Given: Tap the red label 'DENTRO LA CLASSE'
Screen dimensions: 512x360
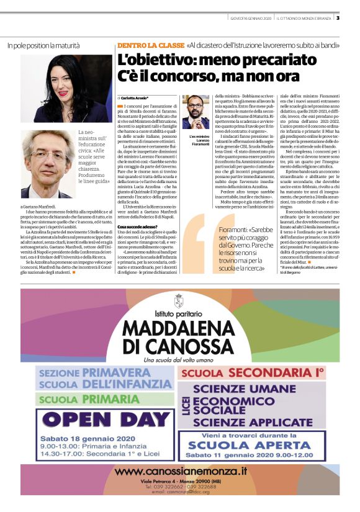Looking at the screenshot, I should (150, 45).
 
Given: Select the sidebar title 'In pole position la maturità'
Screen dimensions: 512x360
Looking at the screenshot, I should (43, 45).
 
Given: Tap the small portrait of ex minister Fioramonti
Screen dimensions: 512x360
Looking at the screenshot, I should (195, 113).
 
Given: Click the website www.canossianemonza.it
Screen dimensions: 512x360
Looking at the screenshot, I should (179, 472).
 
